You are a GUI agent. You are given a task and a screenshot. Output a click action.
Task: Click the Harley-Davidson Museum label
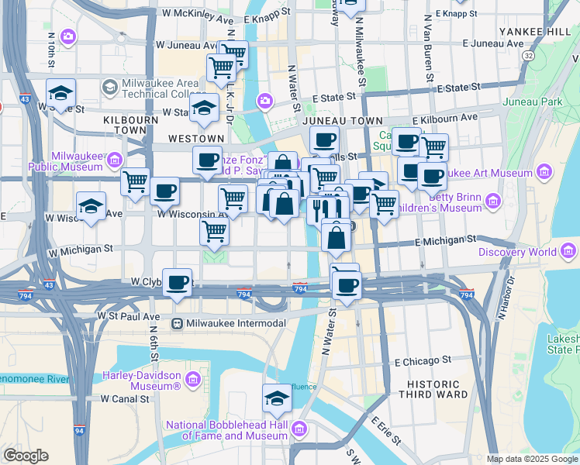(142, 381)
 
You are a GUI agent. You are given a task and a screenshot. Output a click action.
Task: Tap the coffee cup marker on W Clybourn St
(178, 281)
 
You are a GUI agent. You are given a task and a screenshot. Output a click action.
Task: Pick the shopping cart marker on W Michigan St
(214, 229)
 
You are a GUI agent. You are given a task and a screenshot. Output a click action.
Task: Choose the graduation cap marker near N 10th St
(60, 93)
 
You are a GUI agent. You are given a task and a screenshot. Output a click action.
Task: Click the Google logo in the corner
(26, 456)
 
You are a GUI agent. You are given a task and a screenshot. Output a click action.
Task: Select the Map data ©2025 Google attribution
(532, 459)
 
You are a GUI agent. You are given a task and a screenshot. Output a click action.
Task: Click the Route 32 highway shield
(528, 56)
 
